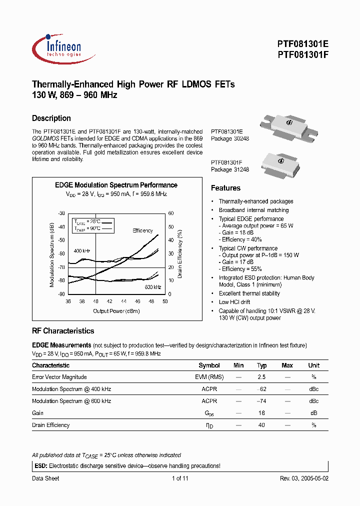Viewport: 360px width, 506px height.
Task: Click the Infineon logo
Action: click(x=57, y=48)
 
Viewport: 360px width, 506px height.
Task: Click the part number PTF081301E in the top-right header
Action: click(x=303, y=44)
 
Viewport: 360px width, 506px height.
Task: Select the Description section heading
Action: click(x=51, y=118)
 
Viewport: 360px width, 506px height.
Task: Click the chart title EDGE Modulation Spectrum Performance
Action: click(x=116, y=185)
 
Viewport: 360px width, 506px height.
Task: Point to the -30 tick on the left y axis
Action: click(x=61, y=213)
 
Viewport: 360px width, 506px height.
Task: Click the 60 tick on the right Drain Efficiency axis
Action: click(x=170, y=213)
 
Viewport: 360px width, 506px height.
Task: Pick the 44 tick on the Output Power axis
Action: click(x=123, y=301)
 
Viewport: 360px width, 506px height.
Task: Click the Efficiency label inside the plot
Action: click(x=142, y=230)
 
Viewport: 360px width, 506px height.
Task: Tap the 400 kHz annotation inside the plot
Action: click(x=81, y=250)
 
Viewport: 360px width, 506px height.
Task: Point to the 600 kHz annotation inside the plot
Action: click(x=153, y=287)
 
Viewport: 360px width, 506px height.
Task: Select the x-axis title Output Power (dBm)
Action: click(x=116, y=311)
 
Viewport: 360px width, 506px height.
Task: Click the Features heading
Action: click(x=225, y=188)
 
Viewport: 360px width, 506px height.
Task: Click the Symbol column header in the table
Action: click(x=209, y=365)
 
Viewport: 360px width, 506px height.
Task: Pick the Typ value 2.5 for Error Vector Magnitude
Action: click(x=261, y=377)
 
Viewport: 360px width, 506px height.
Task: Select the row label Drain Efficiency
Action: click(x=51, y=425)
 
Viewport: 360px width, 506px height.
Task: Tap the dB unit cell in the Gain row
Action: click(x=313, y=413)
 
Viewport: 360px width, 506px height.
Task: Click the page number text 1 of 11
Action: click(x=180, y=478)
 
